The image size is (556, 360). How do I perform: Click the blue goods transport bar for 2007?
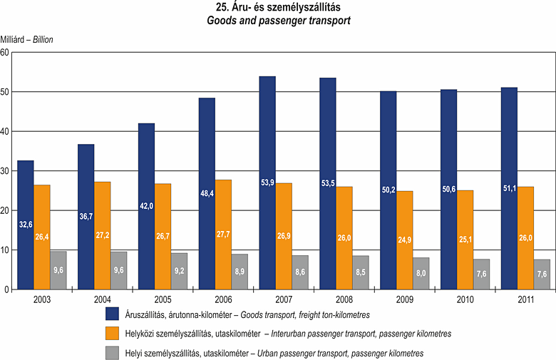[267, 182]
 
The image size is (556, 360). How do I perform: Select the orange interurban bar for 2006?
[223, 235]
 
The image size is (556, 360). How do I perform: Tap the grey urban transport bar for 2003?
[58, 270]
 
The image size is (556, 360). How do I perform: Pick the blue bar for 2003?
[25, 225]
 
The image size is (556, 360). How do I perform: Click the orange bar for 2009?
[405, 240]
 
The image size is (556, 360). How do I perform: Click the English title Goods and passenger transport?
[278, 21]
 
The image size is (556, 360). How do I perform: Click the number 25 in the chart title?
[222, 8]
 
